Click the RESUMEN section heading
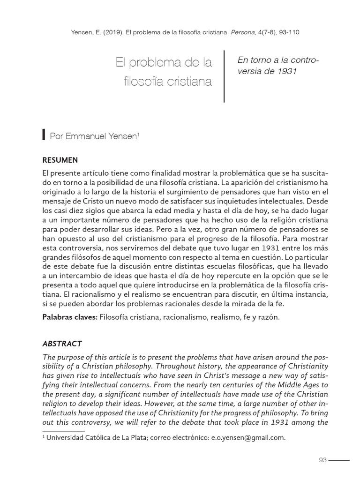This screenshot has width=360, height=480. coord(60,160)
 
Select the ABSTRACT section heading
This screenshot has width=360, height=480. coord(62,343)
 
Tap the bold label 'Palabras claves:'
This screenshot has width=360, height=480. coord(70,317)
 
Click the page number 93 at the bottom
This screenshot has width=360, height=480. coord(322,460)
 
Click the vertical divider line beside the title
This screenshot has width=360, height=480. coord(224,76)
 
